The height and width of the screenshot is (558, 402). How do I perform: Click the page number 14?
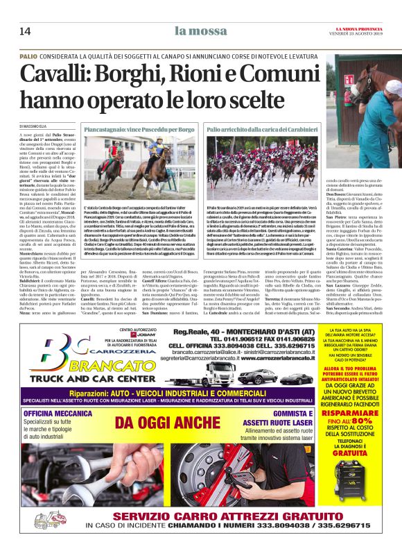click(25, 31)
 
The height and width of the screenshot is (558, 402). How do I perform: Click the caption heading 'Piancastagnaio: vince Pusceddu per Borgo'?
click(140, 129)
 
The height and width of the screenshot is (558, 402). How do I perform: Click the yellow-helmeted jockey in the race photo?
click(160, 147)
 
